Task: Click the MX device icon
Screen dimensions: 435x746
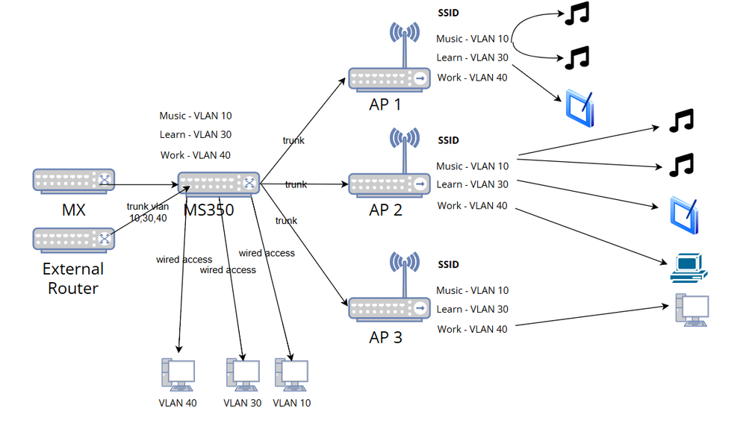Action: [x=72, y=180]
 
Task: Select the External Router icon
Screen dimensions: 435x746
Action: [x=72, y=239]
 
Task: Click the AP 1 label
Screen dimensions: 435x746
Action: [x=385, y=104]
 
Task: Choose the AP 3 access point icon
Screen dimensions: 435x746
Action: [x=390, y=308]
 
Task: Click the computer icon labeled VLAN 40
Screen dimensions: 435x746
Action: [x=178, y=375]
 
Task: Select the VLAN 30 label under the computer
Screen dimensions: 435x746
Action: [x=243, y=403]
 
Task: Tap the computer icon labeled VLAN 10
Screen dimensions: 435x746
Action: [x=292, y=375]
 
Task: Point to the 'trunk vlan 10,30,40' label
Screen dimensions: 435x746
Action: [x=148, y=212]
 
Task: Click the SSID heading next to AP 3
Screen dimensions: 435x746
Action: [x=448, y=265]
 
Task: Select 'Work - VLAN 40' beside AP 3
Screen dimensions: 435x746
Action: [x=472, y=329]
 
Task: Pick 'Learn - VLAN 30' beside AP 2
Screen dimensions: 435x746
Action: [x=472, y=184]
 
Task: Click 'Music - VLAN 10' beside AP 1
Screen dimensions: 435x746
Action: [x=472, y=38]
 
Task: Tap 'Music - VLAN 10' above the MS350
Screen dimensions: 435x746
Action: [x=196, y=116]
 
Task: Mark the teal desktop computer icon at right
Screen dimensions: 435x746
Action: [x=688, y=269]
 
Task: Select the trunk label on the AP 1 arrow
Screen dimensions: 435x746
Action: [x=293, y=140]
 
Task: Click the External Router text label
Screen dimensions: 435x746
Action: [x=72, y=278]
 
